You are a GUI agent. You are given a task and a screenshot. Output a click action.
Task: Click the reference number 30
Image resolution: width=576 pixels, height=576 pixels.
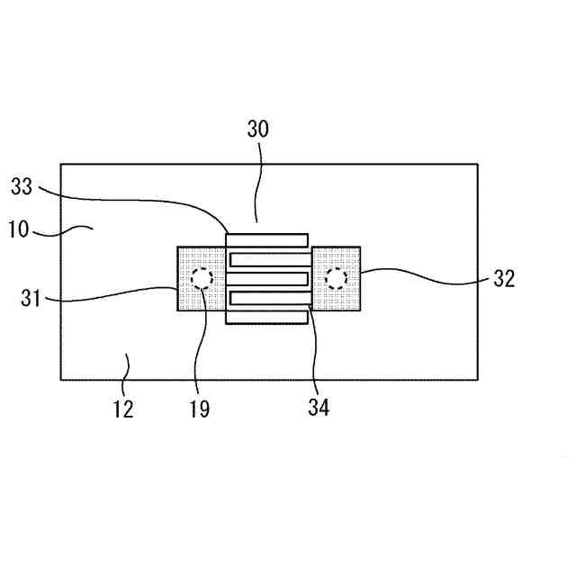tap(257, 129)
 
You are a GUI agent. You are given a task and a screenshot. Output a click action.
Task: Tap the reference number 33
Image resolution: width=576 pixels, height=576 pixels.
tap(22, 187)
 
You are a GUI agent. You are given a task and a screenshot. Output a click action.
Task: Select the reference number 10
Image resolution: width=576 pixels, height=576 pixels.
tap(19, 229)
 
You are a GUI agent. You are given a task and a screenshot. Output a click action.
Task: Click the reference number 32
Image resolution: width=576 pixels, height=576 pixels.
tap(504, 278)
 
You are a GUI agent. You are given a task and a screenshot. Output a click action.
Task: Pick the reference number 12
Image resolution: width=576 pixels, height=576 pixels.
tap(123, 409)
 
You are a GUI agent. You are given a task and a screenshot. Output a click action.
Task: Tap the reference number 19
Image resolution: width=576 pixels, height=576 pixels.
tap(200, 409)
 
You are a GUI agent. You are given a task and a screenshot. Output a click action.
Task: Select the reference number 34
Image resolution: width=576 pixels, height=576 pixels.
tap(319, 407)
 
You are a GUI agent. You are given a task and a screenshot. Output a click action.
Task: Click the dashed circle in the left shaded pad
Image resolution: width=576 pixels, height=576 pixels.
tap(201, 278)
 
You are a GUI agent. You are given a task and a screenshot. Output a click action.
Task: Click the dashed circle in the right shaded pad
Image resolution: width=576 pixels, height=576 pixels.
tap(337, 278)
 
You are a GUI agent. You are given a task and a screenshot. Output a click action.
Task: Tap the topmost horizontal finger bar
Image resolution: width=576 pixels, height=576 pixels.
tap(267, 239)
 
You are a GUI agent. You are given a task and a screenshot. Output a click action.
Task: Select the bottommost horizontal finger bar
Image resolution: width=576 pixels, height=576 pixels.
tap(267, 317)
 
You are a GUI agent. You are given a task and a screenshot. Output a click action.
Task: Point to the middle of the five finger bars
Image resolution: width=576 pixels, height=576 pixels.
tap(267, 278)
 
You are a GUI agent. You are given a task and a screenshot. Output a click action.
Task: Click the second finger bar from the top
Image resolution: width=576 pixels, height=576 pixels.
tap(269, 259)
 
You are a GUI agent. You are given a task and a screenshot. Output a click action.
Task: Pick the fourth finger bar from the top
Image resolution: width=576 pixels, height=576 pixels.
tap(269, 297)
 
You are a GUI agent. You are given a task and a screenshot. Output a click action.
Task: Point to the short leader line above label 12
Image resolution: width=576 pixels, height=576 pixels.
tap(128, 364)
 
